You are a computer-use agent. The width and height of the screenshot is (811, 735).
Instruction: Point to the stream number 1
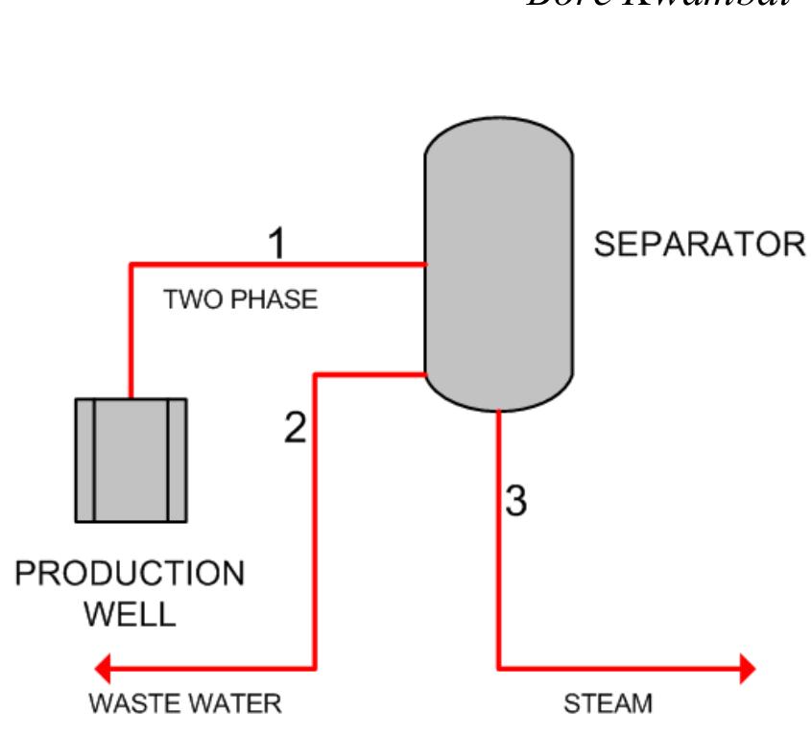point(274,244)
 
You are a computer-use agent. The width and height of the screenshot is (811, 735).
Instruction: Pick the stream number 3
point(515,501)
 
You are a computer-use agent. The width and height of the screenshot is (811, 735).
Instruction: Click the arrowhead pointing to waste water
point(104,667)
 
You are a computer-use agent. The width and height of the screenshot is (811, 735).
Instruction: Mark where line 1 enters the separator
point(425,263)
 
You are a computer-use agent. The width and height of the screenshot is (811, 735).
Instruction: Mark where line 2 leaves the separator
point(425,374)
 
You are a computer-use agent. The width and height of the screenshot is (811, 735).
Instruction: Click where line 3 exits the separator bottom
point(499,412)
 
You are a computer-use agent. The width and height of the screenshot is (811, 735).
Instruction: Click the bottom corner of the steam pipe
point(499,667)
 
